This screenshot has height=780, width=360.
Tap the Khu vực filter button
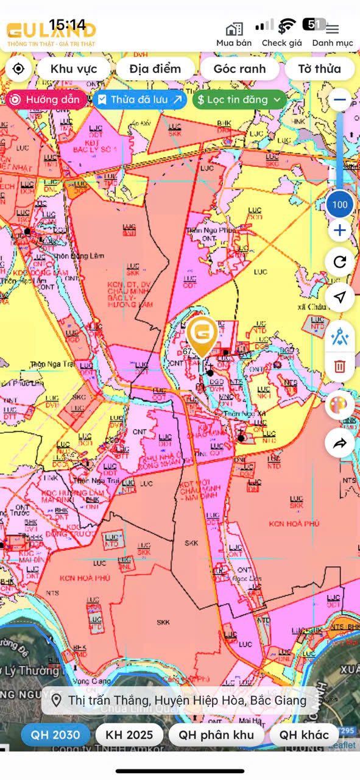pyautogui.click(x=74, y=69)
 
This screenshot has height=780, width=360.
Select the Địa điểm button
pyautogui.click(x=155, y=69)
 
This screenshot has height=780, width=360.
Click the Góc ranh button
pyautogui.click(x=239, y=69)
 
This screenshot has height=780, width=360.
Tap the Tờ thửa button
pyautogui.click(x=319, y=69)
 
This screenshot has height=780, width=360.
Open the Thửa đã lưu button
pyautogui.click(x=140, y=99)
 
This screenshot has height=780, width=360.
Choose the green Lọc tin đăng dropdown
pyautogui.click(x=239, y=99)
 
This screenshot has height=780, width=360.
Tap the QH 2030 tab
pyautogui.click(x=55, y=735)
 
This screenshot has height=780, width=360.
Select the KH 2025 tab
pyautogui.click(x=129, y=735)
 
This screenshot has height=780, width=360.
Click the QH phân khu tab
pyautogui.click(x=216, y=735)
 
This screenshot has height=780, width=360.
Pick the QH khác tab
pyautogui.click(x=304, y=735)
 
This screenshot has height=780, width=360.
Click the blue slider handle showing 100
pyautogui.click(x=340, y=204)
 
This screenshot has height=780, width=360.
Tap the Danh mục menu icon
pyautogui.click(x=333, y=29)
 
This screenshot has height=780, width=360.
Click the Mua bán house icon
pyautogui.click(x=234, y=29)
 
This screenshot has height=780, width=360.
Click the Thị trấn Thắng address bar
pyautogui.click(x=180, y=700)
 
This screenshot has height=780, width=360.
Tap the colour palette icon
pyautogui.click(x=339, y=405)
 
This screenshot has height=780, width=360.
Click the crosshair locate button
pyautogui.click(x=18, y=69)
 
